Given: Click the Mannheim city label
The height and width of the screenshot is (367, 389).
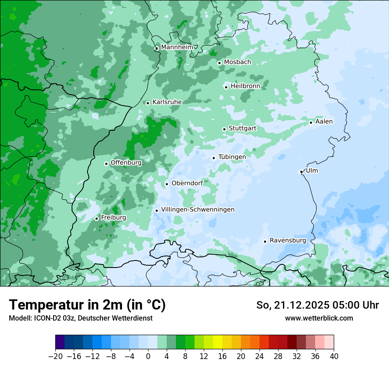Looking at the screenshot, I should coord(177,47).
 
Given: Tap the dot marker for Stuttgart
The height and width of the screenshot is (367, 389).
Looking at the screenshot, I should coord(224,129).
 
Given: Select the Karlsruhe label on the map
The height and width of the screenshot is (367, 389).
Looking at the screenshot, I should coord(167,102).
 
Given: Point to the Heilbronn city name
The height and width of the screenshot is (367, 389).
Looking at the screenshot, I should coord(245,86).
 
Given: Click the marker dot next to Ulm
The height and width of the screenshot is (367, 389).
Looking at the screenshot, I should coord(301,172).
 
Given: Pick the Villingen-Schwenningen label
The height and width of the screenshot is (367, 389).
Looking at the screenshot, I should coord(198,210).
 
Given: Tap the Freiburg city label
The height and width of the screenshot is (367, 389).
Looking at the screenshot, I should coord(113,218).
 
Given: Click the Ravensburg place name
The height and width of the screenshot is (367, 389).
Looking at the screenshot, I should coord(288,241).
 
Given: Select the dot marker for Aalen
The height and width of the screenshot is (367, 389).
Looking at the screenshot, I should coord(311,122).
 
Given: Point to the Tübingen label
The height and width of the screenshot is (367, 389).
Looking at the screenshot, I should coord(232,157).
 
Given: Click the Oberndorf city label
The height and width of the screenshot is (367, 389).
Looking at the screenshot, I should coord(187,183).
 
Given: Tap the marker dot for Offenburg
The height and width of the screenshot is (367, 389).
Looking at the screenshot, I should coord(106,164).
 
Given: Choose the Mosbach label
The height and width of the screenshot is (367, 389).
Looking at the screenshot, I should coord(237,62).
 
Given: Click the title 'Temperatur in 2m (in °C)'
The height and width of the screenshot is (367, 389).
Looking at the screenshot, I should coord(87,305).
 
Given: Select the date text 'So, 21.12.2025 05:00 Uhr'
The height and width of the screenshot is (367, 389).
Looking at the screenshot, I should coord(317,305).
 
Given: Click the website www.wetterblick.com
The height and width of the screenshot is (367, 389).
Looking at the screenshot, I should coord(319,318).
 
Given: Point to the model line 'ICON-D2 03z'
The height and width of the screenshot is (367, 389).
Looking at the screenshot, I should coord(80,318).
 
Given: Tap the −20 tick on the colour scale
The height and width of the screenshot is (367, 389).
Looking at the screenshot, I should coord(56,356).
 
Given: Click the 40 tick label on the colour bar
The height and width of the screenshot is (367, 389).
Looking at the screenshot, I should coord(334,356).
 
